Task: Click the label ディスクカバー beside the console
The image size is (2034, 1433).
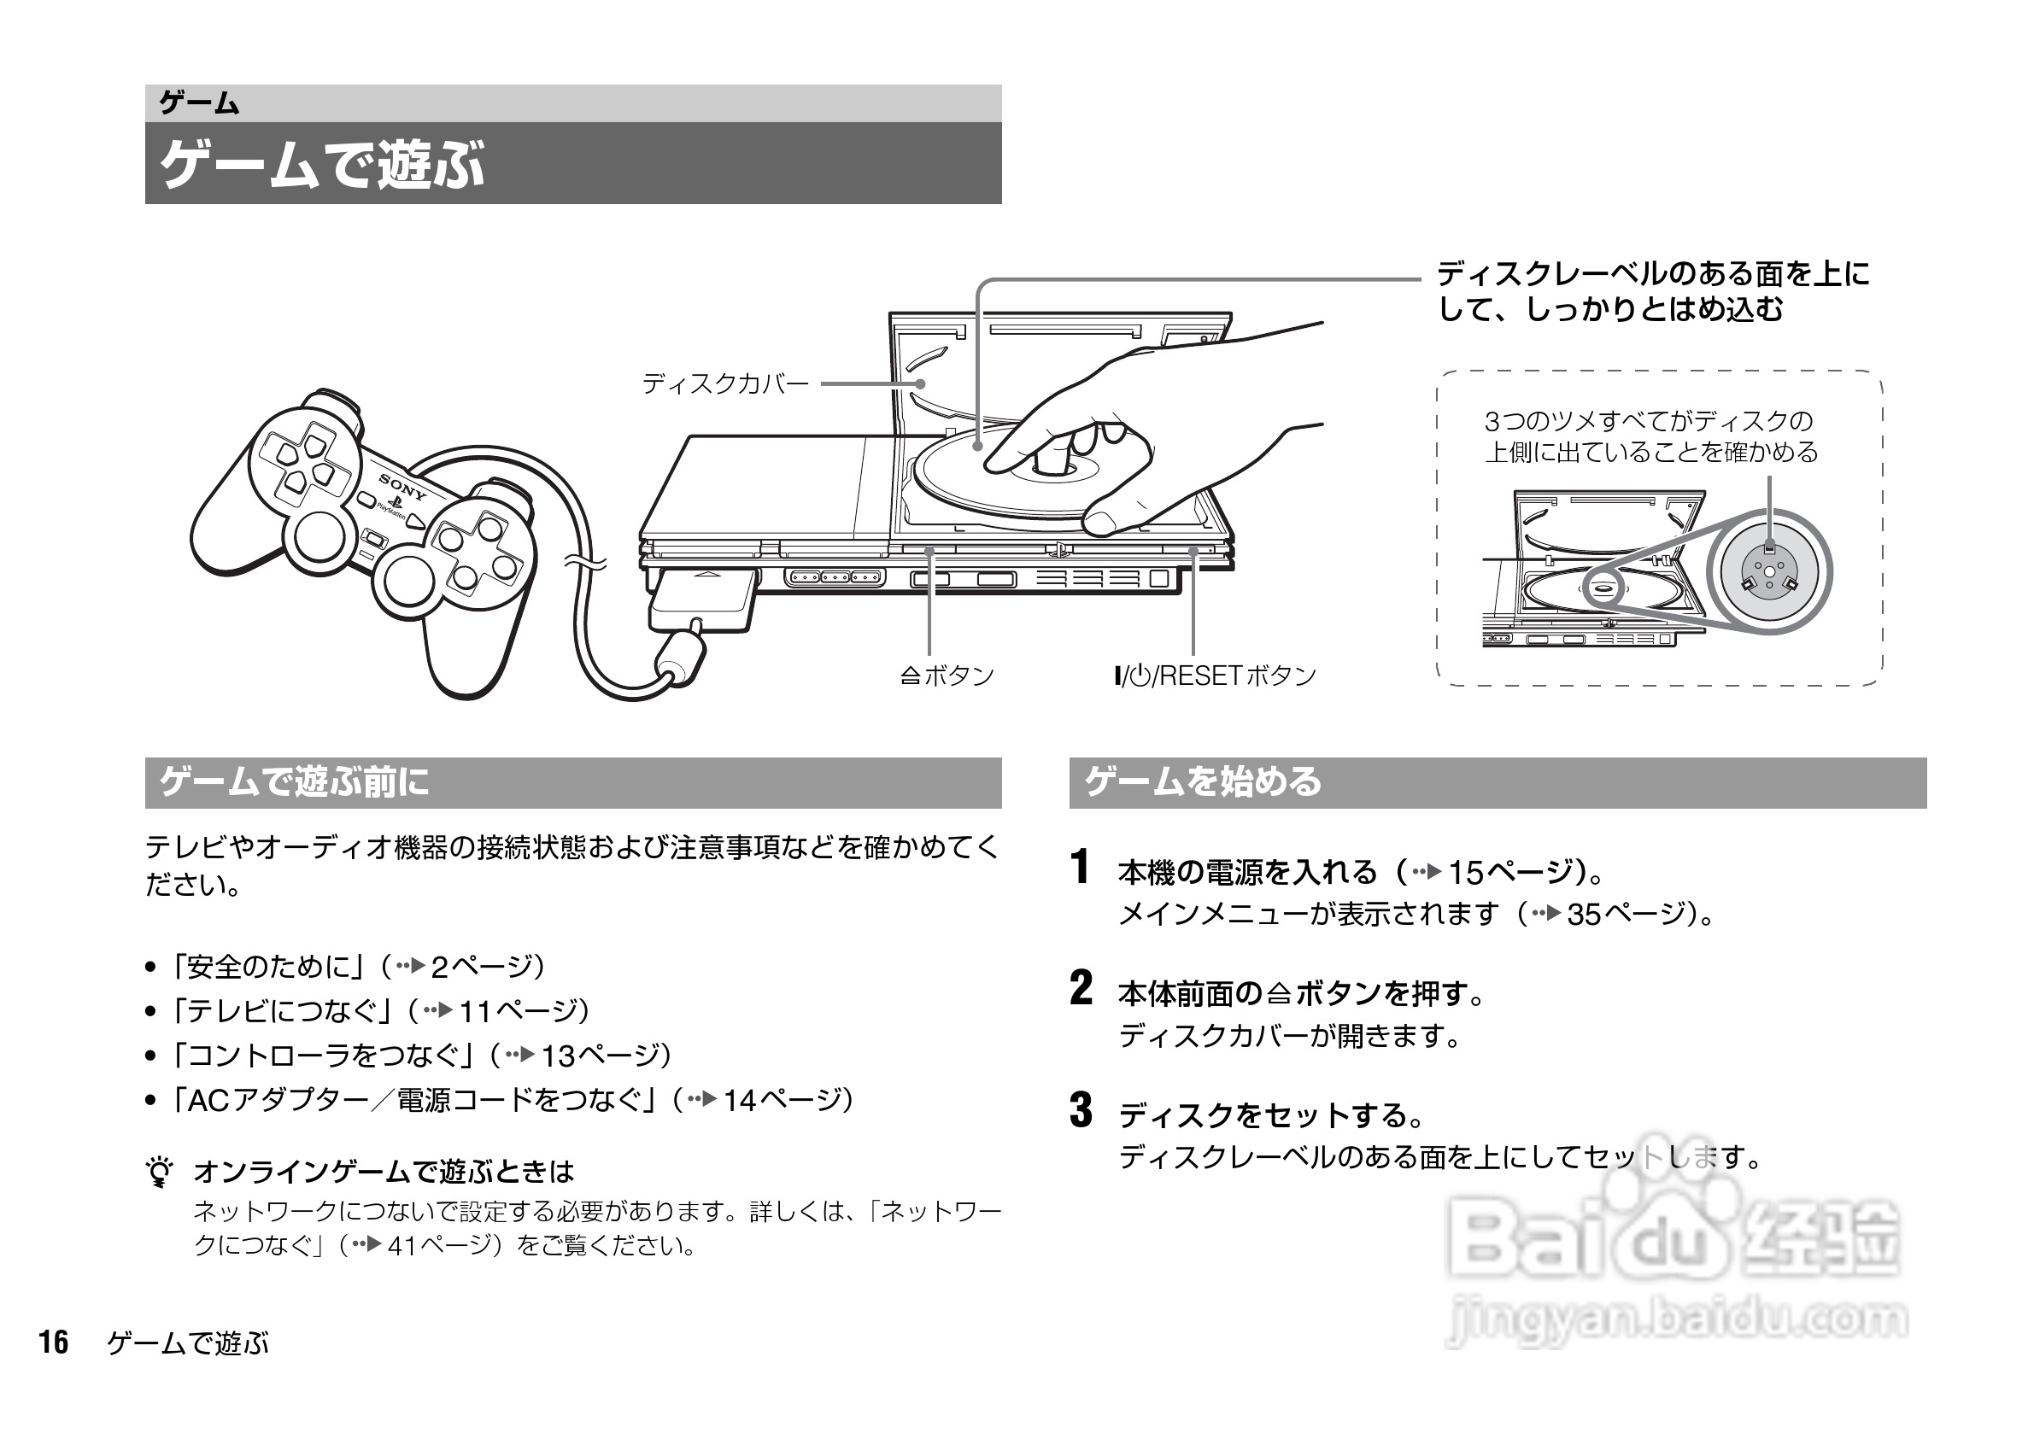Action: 725,383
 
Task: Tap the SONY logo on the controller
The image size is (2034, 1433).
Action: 403,487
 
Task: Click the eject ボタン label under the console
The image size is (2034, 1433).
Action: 948,676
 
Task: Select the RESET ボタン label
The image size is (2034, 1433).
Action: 1216,676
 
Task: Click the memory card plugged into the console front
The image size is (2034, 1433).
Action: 702,599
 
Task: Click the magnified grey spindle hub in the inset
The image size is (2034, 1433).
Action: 1769,571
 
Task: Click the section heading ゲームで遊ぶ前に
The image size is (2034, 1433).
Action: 294,782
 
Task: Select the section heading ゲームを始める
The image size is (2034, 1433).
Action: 1202,782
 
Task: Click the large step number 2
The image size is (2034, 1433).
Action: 1081,988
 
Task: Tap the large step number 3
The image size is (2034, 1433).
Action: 1081,1111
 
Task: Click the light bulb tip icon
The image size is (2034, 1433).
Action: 161,1173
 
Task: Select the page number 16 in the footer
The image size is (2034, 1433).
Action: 53,1342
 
